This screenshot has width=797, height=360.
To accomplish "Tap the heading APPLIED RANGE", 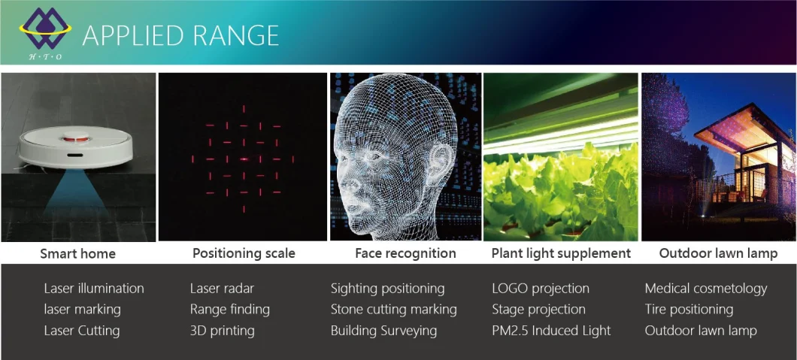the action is click(x=180, y=35).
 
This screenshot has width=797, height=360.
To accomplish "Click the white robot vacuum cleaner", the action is click(x=75, y=148).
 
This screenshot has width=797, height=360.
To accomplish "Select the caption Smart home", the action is click(x=77, y=254).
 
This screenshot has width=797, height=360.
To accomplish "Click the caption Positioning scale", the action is click(x=244, y=253).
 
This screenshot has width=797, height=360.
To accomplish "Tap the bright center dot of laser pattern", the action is click(x=244, y=159).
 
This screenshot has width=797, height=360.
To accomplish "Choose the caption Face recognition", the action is click(x=405, y=253).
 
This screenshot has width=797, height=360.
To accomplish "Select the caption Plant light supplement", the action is click(x=561, y=253).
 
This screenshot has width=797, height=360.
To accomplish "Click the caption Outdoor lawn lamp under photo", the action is click(x=718, y=253).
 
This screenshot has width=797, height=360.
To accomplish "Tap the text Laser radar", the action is click(x=222, y=289).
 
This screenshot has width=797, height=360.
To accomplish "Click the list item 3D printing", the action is click(x=222, y=331).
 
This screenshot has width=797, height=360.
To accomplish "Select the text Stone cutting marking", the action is click(x=393, y=309).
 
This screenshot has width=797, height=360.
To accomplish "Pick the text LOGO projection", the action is click(x=541, y=289).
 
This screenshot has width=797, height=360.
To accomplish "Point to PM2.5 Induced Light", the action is click(x=551, y=331).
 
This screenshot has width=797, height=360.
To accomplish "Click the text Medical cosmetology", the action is click(x=705, y=289).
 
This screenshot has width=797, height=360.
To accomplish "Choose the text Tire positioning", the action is click(x=689, y=309).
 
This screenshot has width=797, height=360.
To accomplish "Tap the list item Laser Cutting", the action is click(x=82, y=331).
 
